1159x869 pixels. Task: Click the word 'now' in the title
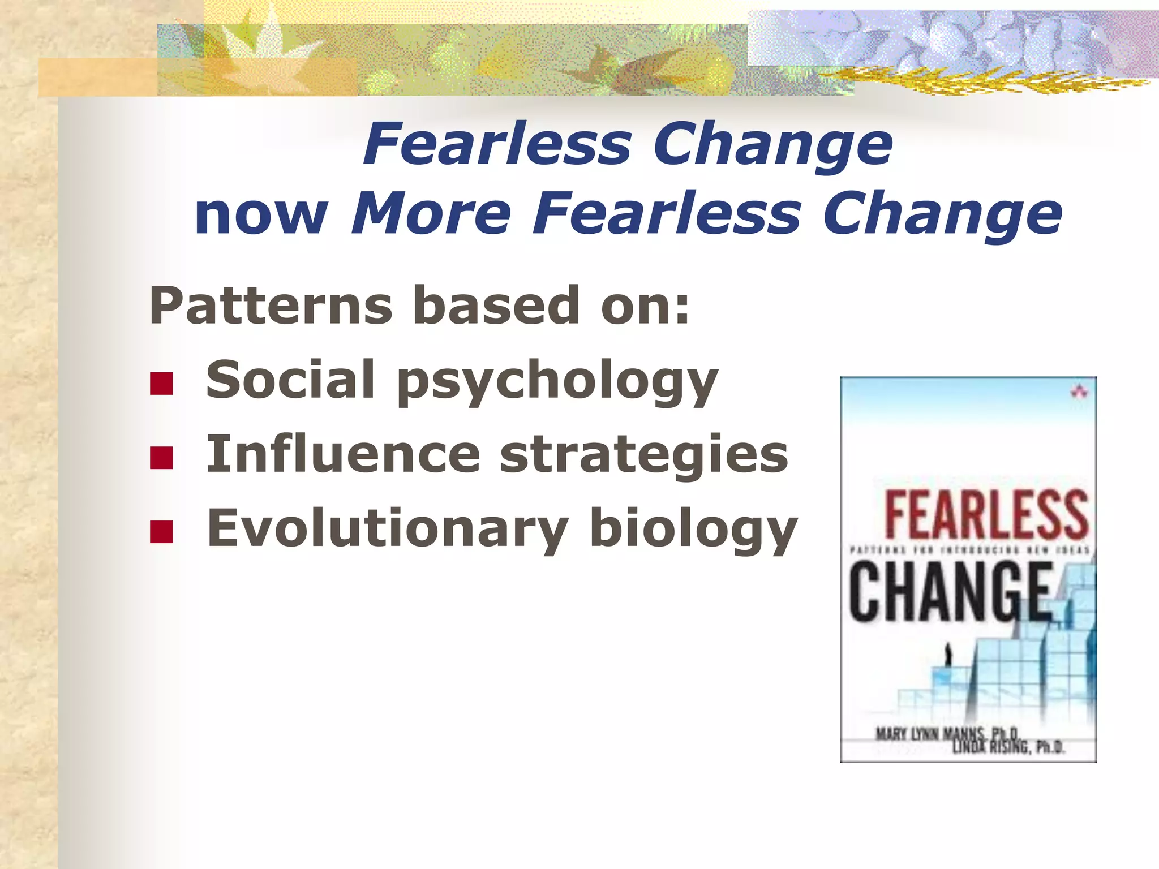pyautogui.click(x=261, y=216)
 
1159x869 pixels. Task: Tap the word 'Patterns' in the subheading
pyautogui.click(x=271, y=306)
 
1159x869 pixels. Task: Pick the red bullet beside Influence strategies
pyautogui.click(x=161, y=458)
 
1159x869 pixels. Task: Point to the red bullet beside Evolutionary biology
pyautogui.click(x=161, y=532)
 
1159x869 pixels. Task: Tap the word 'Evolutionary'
pyautogui.click(x=388, y=530)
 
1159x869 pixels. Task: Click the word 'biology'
pyautogui.click(x=693, y=530)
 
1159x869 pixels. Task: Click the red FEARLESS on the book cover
pyautogui.click(x=986, y=515)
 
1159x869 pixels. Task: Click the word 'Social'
pyautogui.click(x=290, y=380)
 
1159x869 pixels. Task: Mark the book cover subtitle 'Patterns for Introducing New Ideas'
pyautogui.click(x=969, y=550)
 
